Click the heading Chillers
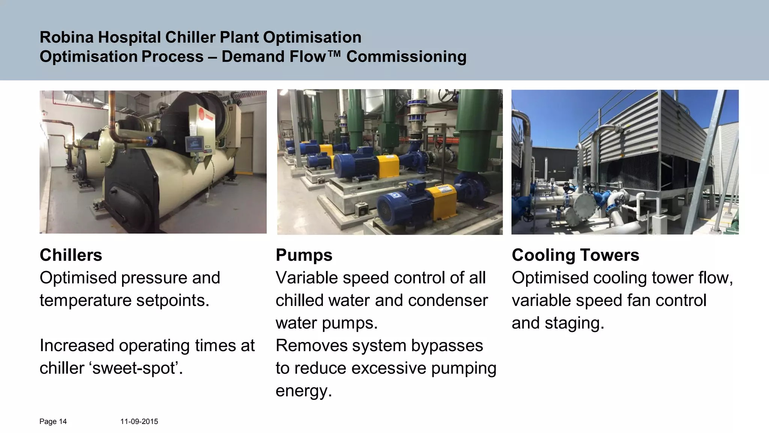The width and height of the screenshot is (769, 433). click(71, 255)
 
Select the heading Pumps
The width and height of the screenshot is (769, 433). click(304, 255)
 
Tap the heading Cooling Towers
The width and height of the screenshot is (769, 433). click(575, 255)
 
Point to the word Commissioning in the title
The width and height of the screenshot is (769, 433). click(406, 57)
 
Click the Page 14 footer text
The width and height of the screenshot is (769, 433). click(53, 422)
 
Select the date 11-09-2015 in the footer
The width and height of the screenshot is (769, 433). click(139, 422)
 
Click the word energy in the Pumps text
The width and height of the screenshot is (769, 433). click(303, 391)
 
